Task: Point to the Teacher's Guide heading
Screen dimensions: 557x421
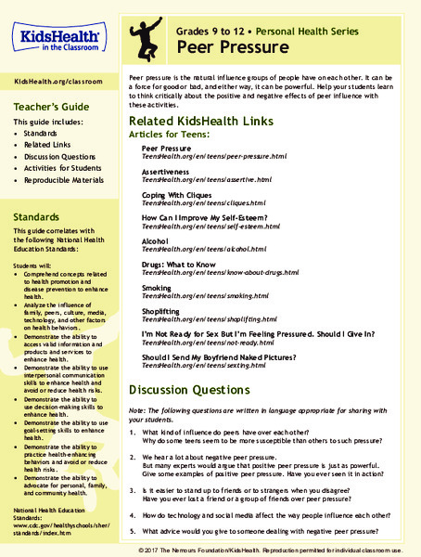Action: [51, 105]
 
